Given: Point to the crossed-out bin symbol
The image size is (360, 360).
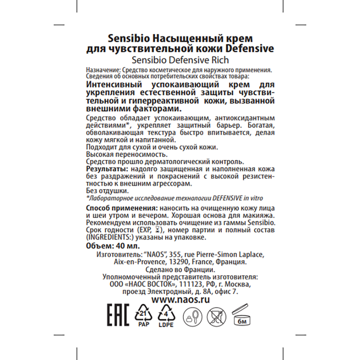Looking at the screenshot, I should (216, 317).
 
